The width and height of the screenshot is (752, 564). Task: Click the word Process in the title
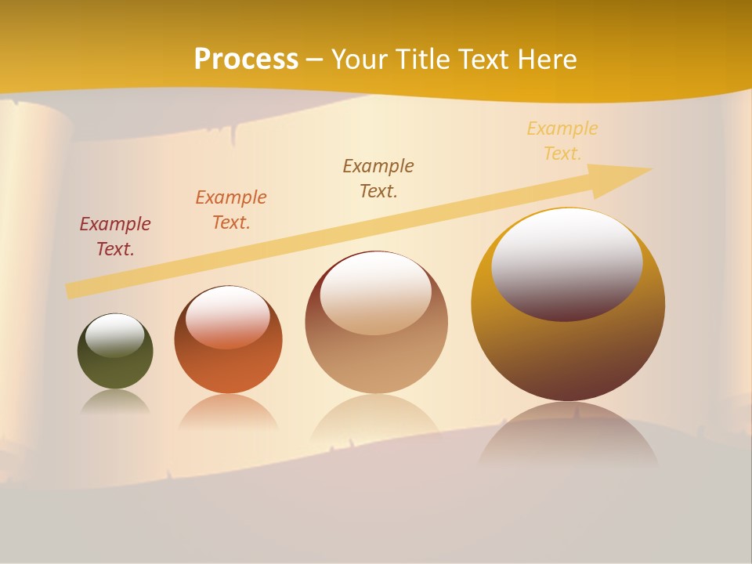246,59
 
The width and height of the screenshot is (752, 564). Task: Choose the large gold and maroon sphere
568,352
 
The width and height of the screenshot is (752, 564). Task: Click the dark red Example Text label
115,237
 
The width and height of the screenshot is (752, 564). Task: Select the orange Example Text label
231,210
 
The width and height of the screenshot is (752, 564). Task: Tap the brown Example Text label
378,178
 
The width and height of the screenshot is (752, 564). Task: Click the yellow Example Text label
562,141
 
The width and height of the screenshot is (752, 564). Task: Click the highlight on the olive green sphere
115,335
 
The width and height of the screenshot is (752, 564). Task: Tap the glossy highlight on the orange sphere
228,316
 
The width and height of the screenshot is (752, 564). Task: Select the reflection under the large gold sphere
568,435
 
